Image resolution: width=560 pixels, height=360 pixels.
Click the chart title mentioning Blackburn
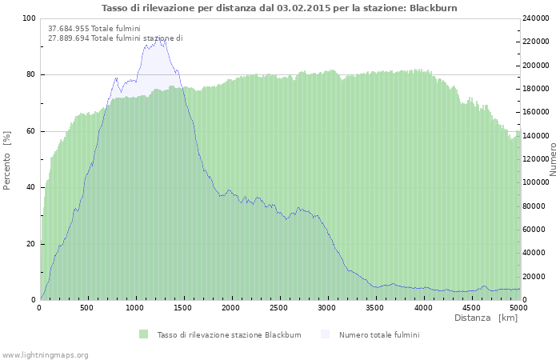280,7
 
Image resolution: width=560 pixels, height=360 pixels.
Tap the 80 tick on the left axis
30,75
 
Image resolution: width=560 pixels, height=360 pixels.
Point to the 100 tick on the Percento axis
29,18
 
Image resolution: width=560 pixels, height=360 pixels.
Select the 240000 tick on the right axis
537,18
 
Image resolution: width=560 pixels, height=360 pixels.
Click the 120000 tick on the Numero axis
537,159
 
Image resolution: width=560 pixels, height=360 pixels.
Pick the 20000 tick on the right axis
535,277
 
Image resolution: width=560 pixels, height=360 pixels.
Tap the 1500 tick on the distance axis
183,307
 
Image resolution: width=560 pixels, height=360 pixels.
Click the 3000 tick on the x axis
327,307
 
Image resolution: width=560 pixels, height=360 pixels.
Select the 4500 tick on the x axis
470,307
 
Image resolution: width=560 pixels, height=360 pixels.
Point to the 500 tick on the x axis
87,307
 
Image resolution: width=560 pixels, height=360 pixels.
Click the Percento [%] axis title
7,160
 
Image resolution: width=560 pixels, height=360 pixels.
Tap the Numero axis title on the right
553,160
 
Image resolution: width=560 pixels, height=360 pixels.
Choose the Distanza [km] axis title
486,318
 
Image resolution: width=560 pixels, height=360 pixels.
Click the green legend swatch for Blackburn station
143,334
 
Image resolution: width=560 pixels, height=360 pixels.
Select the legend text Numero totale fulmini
378,334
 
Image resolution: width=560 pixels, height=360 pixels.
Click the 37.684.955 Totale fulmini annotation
94,29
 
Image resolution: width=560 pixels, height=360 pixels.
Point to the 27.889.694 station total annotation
115,38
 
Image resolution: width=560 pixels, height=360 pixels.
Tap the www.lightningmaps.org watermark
45,354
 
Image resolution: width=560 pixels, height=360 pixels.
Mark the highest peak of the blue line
164,38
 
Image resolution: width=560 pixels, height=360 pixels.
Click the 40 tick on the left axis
30,188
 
